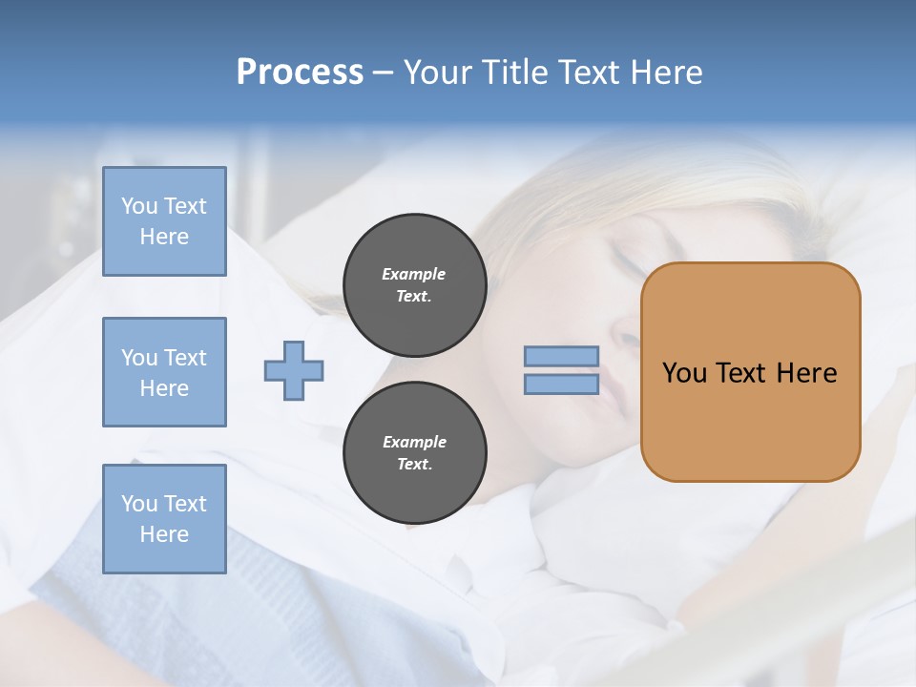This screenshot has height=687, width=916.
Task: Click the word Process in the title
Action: point(300,73)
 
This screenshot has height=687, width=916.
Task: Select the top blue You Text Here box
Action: point(164,221)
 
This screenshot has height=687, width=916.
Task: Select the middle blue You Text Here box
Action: point(164,372)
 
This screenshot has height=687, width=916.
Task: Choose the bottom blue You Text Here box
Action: point(164,519)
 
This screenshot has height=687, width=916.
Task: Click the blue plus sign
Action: point(294,370)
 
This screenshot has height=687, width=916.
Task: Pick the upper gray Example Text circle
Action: point(414,285)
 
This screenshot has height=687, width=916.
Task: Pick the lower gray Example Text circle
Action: point(414,453)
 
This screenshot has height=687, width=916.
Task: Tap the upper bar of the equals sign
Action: point(561,357)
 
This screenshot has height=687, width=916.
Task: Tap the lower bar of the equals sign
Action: point(561,384)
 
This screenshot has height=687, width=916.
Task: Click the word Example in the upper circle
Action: point(413,274)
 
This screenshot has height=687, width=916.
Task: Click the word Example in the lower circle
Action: point(414,442)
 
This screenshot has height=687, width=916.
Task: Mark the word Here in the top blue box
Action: point(164,237)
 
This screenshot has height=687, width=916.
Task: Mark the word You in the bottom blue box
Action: point(138,504)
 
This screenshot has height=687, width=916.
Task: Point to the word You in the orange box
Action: point(684,373)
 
